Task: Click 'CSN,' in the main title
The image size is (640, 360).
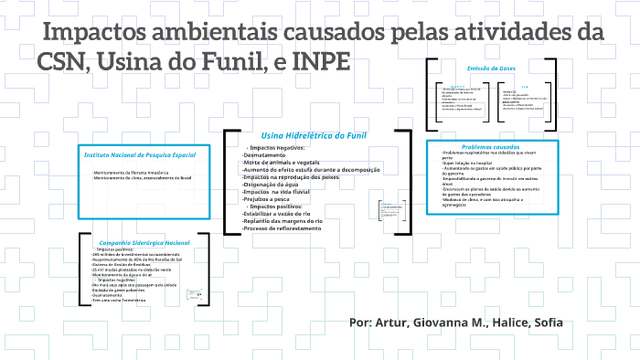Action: point(63,64)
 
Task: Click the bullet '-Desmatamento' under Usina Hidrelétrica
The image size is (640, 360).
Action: point(265,155)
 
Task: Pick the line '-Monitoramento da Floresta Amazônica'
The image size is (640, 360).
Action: point(131,172)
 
